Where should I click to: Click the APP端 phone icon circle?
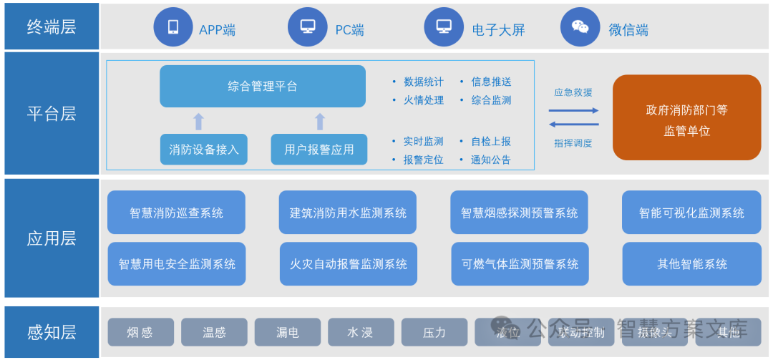(x=173, y=27)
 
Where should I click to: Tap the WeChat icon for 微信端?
(x=580, y=27)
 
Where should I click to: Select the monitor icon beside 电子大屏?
(x=444, y=27)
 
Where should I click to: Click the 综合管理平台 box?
(x=263, y=87)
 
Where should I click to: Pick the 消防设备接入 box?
(x=204, y=150)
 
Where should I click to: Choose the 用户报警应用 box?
(x=319, y=150)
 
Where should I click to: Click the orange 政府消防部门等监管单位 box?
(x=686, y=117)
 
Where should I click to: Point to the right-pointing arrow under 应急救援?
(x=573, y=110)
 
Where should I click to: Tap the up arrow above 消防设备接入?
(x=199, y=121)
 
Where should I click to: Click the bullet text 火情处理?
(x=423, y=100)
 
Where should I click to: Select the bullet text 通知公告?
(x=490, y=160)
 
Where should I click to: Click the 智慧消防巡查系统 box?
(x=176, y=213)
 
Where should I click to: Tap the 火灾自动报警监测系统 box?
(x=349, y=264)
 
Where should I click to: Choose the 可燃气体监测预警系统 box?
(x=520, y=264)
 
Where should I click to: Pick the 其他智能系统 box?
(x=691, y=264)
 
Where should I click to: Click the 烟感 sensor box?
(x=140, y=332)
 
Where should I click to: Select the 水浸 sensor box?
(x=360, y=332)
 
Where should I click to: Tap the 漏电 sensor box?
(x=287, y=332)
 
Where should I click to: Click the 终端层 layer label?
(x=52, y=27)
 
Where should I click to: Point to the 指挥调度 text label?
(x=573, y=143)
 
